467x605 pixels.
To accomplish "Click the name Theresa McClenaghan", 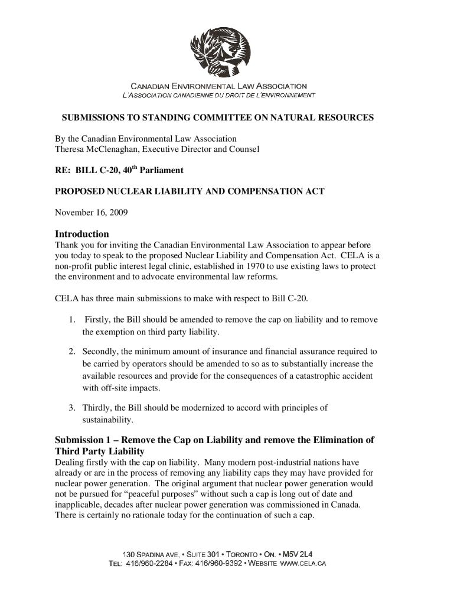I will click(90, 149).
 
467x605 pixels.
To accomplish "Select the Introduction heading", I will click(81, 234).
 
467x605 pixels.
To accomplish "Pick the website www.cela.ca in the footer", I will click(305, 563).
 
